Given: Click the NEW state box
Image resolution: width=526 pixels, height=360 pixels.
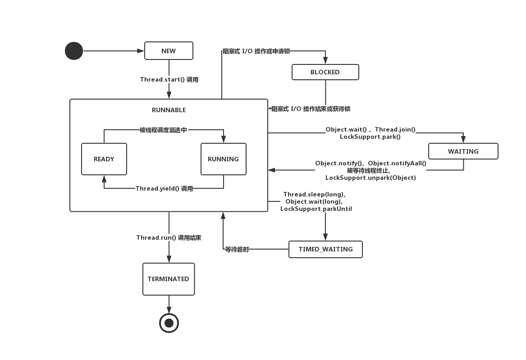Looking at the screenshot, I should click(169, 51).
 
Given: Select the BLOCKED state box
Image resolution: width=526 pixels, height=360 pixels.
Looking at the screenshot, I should click(325, 72).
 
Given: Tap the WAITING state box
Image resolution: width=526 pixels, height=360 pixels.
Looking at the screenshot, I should click(463, 151).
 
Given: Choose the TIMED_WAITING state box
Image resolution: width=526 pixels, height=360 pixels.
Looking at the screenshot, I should click(325, 249).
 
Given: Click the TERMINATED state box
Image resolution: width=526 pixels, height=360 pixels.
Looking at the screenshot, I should click(169, 279).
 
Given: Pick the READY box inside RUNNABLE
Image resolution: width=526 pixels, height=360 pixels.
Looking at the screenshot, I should click(104, 159).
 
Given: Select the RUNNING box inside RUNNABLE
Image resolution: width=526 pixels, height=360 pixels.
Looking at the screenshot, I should click(223, 159).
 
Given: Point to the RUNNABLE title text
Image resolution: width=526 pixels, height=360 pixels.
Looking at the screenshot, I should click(169, 110).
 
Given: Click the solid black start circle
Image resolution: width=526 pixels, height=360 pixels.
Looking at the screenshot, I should click(74, 51).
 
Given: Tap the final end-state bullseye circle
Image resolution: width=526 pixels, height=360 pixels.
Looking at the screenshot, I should click(169, 323).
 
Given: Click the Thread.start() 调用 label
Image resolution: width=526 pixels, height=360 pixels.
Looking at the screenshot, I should click(169, 80).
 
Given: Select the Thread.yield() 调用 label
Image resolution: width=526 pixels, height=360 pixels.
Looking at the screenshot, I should click(164, 189).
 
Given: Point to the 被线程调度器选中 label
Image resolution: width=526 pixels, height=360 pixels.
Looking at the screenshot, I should click(163, 130).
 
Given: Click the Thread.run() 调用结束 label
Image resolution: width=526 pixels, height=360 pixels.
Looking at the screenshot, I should click(169, 237).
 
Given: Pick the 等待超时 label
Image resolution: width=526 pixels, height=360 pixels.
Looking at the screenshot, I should click(237, 249).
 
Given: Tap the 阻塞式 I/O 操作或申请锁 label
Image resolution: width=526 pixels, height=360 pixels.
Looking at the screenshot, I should click(256, 51).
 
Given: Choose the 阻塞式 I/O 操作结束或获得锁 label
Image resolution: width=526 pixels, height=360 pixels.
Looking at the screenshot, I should click(311, 109).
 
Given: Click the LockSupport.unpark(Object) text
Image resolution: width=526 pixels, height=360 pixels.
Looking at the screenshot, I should click(370, 178).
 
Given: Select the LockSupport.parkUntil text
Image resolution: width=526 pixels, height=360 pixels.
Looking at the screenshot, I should click(316, 209).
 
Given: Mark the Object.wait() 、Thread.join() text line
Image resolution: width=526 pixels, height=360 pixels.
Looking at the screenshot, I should click(370, 129).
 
